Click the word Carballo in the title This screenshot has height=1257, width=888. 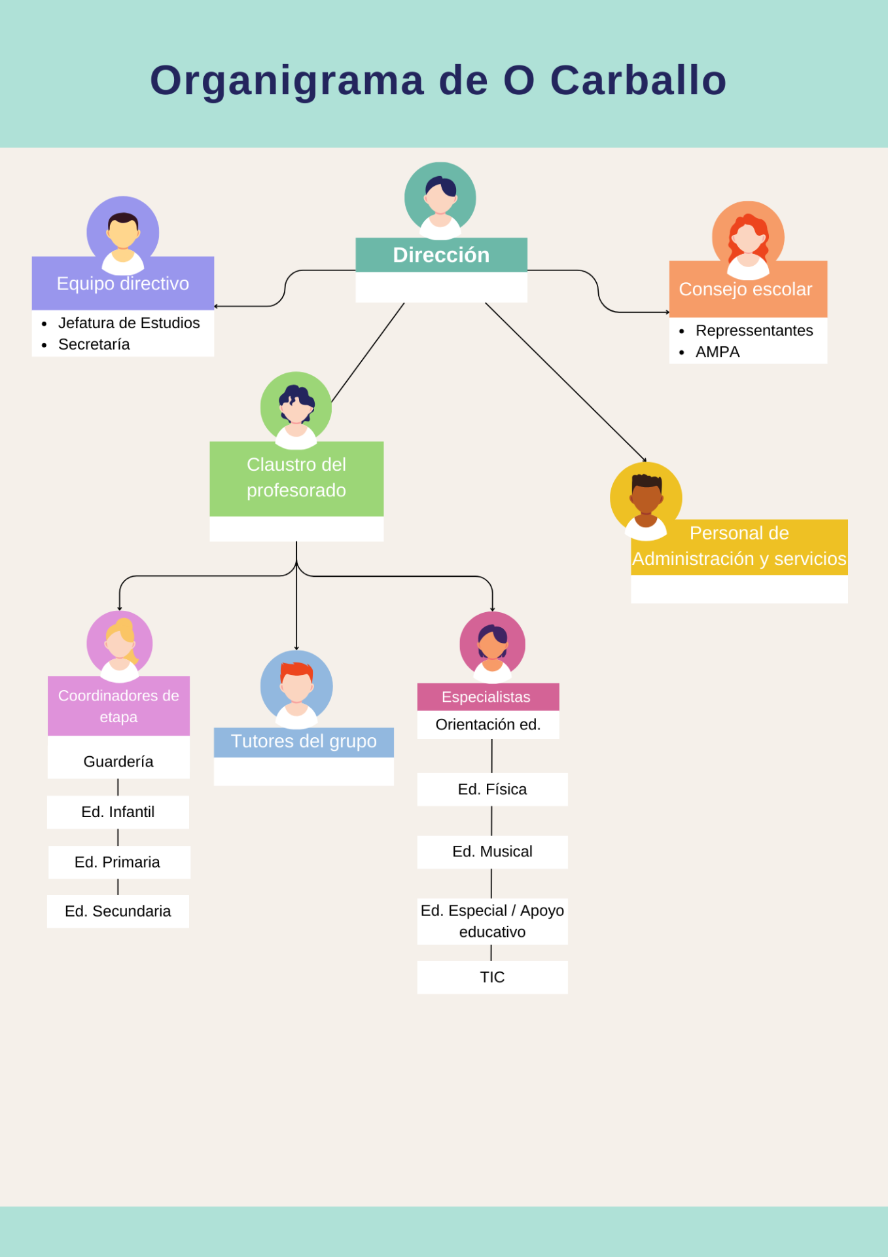[638, 81]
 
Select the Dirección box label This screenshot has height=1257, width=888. [441, 255]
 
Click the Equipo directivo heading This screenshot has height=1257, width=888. [123, 283]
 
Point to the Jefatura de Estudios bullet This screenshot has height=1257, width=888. [129, 323]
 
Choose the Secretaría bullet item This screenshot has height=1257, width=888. [94, 344]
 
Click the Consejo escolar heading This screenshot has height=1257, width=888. [745, 289]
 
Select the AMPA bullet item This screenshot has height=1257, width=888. [717, 352]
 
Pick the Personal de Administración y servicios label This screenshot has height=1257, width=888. [739, 546]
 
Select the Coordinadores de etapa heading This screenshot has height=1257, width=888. [118, 706]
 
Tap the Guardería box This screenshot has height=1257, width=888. [118, 761]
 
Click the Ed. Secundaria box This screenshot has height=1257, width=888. [118, 911]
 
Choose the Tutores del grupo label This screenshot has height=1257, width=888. [304, 741]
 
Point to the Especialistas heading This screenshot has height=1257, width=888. [486, 697]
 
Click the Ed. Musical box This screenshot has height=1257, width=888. [492, 852]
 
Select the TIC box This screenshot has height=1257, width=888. [492, 977]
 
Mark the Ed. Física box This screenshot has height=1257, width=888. [492, 789]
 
